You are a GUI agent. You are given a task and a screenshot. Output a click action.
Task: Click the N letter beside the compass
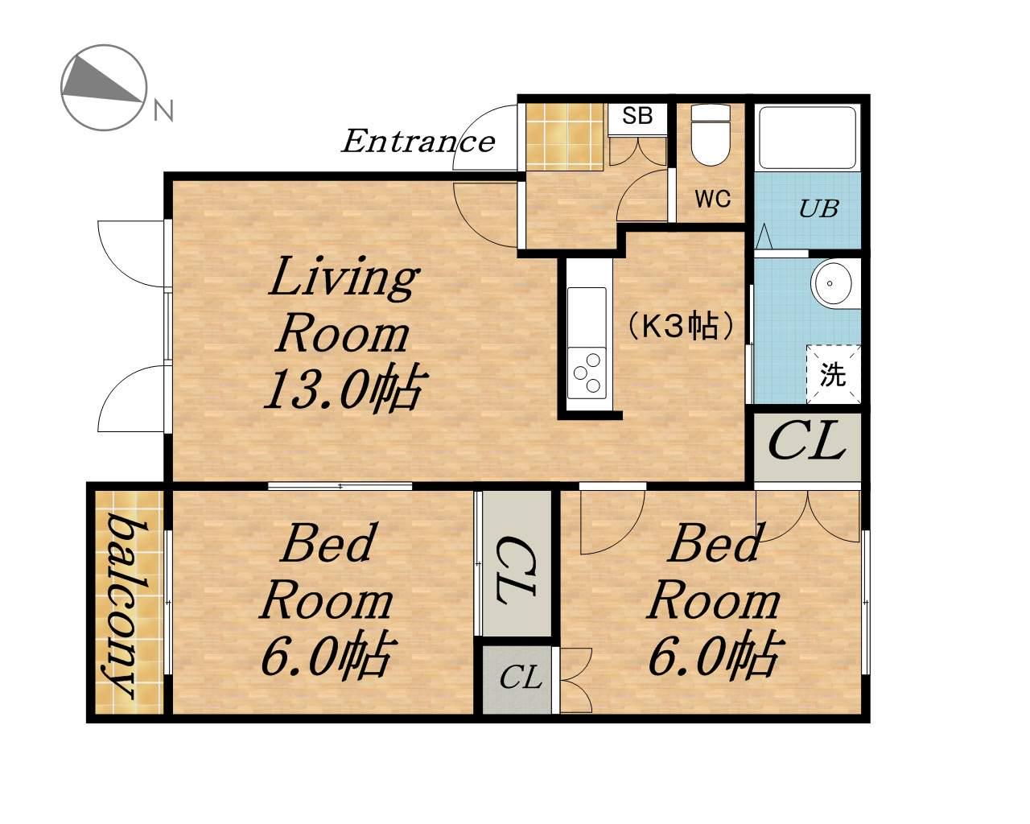point(163,111)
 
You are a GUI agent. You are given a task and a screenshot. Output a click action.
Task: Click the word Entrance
point(418,142)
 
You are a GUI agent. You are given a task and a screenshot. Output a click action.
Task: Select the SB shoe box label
point(637,116)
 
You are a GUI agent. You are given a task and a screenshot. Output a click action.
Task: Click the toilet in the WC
point(711,135)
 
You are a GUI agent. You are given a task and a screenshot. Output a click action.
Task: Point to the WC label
point(713,198)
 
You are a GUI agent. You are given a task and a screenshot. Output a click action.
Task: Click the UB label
point(819,208)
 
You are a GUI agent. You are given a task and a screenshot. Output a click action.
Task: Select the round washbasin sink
point(831,283)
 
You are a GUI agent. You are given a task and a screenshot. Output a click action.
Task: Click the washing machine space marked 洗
point(834,374)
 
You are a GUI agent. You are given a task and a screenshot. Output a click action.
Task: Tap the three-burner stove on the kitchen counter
point(587,373)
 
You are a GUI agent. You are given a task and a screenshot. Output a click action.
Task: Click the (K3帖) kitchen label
point(680,326)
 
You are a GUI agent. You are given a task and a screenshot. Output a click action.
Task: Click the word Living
point(344,278)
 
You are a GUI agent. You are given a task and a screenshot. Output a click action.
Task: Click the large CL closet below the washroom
point(807,447)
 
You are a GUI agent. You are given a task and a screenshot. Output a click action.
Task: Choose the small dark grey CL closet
point(517,680)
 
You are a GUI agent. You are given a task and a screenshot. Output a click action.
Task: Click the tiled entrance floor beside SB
point(565,137)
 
